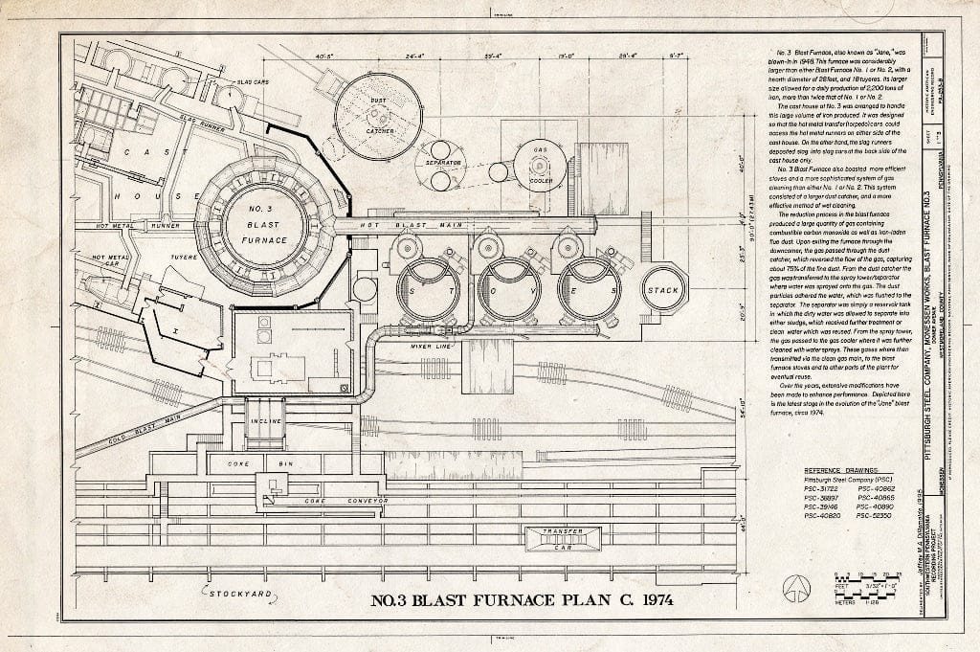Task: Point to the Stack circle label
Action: click(x=663, y=290)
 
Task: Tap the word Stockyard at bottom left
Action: click(x=240, y=596)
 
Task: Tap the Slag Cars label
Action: click(x=253, y=82)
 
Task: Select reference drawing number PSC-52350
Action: click(x=875, y=516)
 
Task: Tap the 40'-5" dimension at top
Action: click(x=324, y=56)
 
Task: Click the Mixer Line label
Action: click(x=430, y=346)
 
